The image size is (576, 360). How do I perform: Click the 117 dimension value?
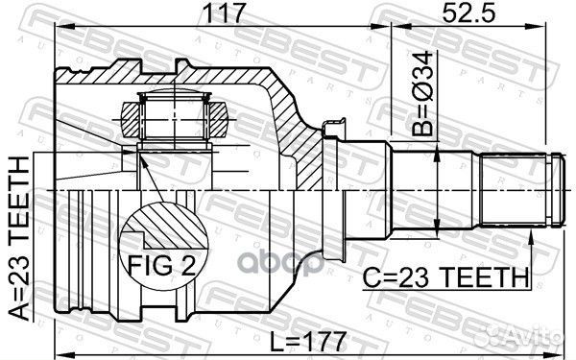220,15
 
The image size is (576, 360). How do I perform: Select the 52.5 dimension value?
463,15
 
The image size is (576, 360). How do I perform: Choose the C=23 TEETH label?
446,277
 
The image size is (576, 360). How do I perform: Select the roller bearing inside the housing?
174,118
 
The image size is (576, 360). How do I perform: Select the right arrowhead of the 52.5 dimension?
553,32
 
